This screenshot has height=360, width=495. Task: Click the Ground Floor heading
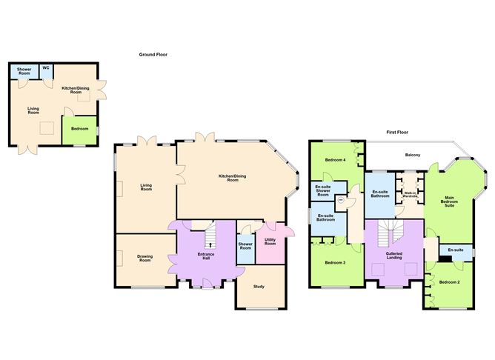(153, 55)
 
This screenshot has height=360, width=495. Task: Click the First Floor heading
(397, 132)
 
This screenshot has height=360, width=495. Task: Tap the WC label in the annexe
(46, 68)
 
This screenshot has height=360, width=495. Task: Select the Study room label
(259, 287)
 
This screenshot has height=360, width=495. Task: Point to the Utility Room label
(270, 241)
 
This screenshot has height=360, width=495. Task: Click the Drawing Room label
(145, 258)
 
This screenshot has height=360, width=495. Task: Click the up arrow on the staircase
(210, 244)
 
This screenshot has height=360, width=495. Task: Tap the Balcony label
(413, 155)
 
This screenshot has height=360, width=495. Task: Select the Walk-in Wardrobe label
(410, 194)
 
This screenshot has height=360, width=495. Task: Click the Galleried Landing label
(394, 256)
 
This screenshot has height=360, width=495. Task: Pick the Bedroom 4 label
(335, 160)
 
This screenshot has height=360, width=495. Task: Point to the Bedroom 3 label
(335, 262)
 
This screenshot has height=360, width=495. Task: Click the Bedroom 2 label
(450, 282)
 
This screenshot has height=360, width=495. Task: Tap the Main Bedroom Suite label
(449, 201)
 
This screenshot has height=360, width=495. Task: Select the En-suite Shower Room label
(323, 190)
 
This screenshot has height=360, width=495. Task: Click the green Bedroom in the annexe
(79, 130)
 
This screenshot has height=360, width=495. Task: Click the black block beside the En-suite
(445, 259)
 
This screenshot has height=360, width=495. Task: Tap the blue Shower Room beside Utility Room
(245, 249)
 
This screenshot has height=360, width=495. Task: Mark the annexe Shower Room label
(24, 71)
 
